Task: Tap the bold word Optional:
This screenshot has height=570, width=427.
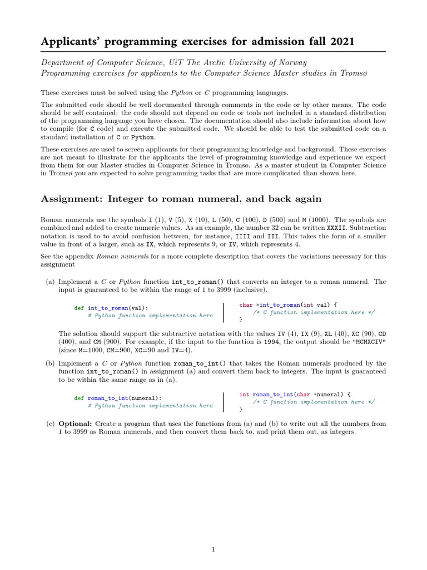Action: (75, 424)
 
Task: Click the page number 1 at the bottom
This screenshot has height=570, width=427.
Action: (213, 549)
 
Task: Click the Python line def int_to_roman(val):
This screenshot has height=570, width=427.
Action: (111, 308)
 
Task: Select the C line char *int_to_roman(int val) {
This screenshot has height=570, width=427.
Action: (288, 304)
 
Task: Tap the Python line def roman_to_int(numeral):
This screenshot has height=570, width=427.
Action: (118, 398)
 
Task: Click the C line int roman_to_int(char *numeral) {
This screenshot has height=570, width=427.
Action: (295, 394)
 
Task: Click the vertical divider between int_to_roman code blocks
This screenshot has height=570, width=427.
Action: (224, 312)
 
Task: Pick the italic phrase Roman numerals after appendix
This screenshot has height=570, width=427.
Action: (118, 257)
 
